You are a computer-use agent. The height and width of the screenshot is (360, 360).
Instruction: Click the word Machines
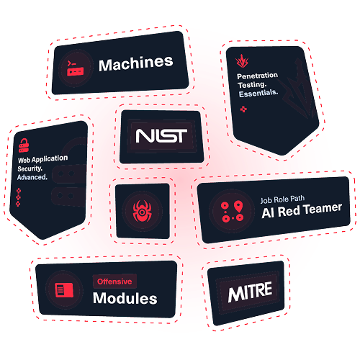136,63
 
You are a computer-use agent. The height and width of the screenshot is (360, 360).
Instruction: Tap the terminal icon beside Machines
76,68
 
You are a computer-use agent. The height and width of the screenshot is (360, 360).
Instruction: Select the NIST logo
161,136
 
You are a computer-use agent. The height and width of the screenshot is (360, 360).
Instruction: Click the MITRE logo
250,292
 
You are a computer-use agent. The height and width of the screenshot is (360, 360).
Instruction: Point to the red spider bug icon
142,211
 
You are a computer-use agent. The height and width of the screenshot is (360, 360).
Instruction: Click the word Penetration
257,76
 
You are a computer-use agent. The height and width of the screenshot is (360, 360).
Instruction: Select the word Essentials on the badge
258,93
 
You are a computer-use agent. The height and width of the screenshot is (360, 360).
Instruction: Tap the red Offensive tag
114,282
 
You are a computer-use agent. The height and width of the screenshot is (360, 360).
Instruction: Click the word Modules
125,298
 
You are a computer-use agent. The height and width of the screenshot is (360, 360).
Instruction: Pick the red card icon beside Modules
64,290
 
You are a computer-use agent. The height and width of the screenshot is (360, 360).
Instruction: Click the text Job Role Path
282,199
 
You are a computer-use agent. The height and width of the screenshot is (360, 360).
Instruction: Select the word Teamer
323,209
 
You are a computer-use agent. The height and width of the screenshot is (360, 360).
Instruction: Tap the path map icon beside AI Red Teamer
232,211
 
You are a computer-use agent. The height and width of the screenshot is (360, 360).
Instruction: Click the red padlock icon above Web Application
24,145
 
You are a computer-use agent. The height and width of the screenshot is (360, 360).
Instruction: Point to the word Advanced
32,177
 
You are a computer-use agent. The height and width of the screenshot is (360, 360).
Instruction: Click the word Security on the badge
30,168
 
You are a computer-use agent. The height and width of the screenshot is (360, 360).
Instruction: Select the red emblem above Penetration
242,61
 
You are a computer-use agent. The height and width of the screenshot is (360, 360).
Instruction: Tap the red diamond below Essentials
243,109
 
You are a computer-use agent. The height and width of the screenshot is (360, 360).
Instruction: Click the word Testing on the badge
252,85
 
